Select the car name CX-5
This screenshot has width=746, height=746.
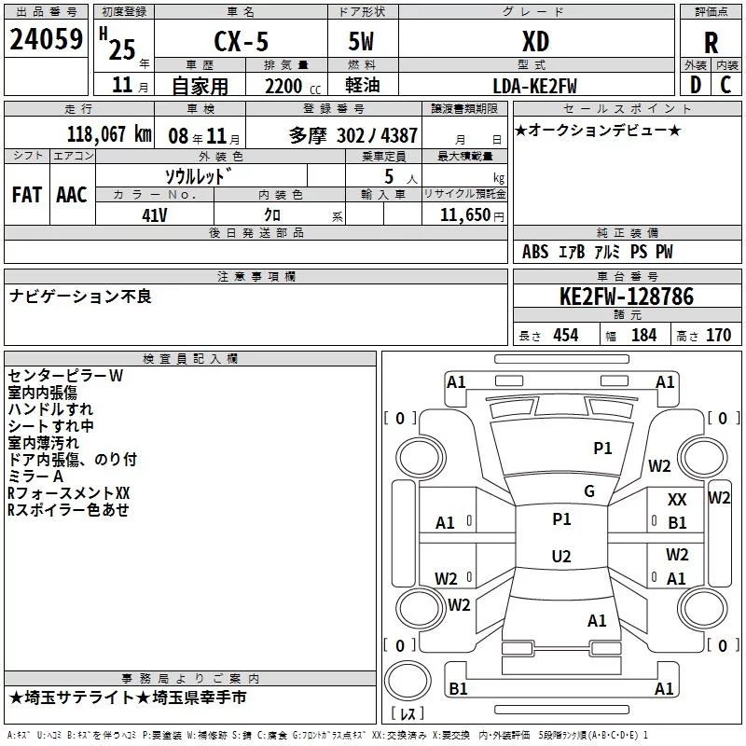(239, 41)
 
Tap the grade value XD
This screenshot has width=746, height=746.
(534, 41)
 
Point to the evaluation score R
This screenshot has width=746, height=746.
(711, 42)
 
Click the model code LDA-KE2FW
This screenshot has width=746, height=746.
(534, 86)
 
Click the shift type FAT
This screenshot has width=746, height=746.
(26, 195)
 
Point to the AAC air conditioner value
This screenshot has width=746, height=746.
(72, 195)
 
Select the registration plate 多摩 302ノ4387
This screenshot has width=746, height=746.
(353, 134)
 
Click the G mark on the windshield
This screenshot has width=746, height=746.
(588, 490)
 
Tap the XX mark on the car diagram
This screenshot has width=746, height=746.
(678, 501)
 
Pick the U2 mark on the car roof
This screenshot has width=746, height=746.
(560, 556)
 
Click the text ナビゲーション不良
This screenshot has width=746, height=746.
(80, 297)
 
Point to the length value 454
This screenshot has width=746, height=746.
(565, 336)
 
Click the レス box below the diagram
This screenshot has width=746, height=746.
(408, 714)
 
